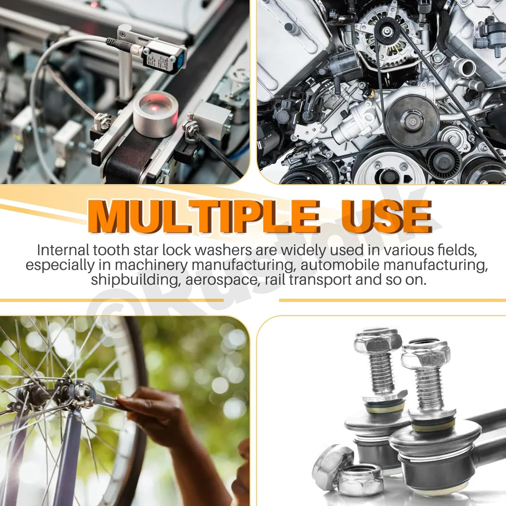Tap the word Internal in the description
point(63,250)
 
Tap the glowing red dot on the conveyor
point(155,108)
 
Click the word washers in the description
point(223,250)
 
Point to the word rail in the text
point(275,280)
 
